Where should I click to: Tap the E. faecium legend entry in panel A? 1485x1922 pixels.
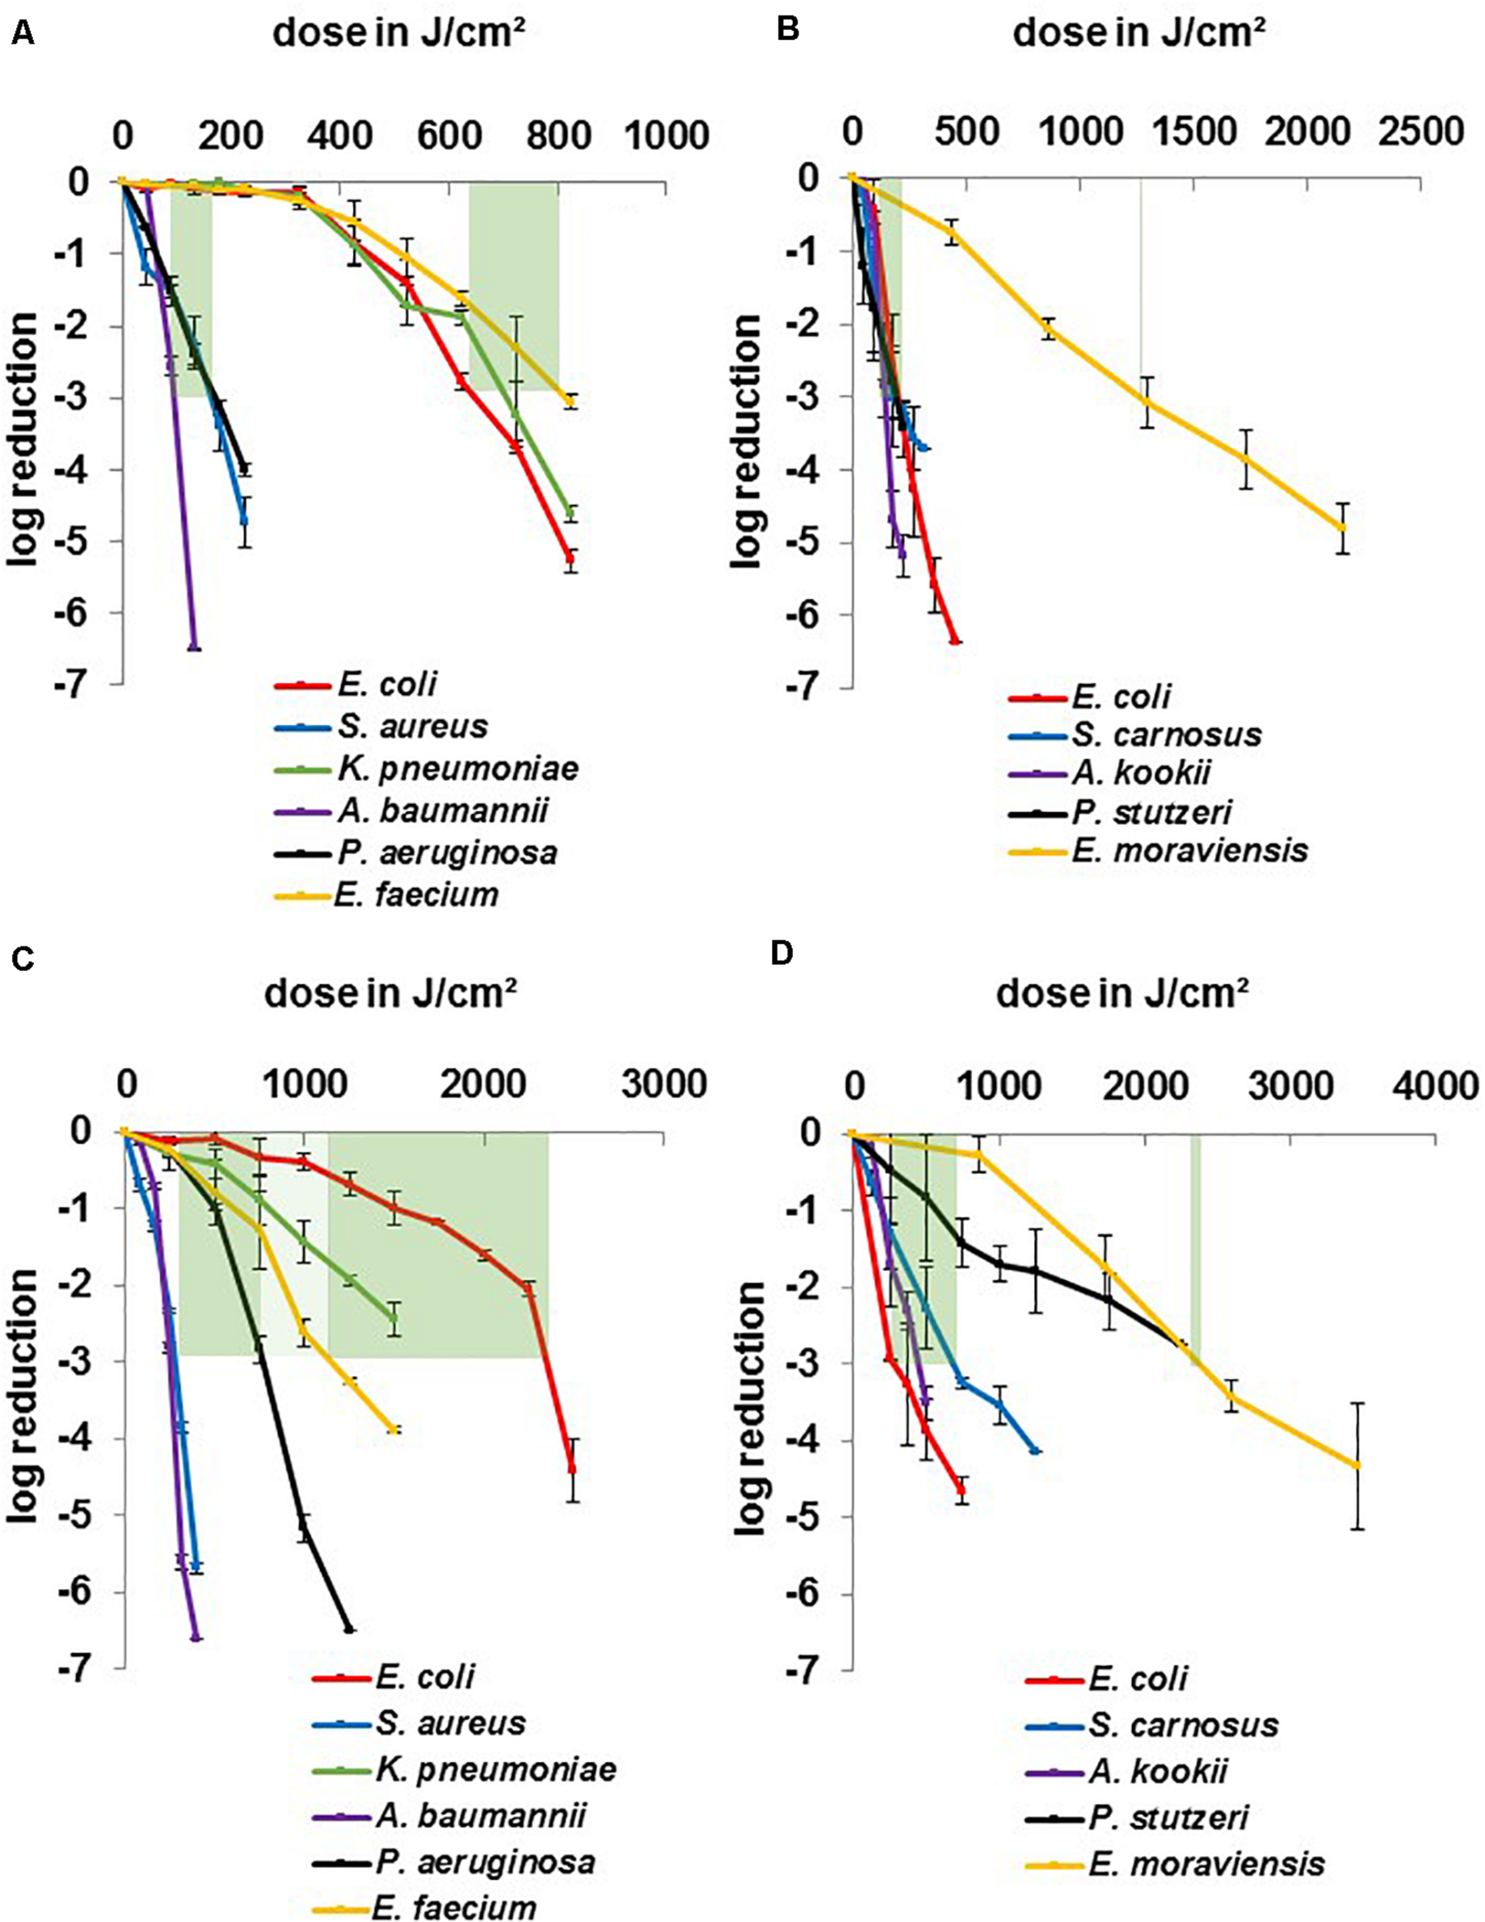coord(418,895)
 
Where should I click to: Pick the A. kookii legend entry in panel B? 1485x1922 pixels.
coord(1140,773)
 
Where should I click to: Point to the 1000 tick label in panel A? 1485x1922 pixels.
coord(666,135)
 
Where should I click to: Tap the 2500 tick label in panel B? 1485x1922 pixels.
coord(1420,132)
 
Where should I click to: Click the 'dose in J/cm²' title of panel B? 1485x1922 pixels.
coord(1140,33)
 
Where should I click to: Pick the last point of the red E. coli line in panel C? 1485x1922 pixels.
coord(572,1467)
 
